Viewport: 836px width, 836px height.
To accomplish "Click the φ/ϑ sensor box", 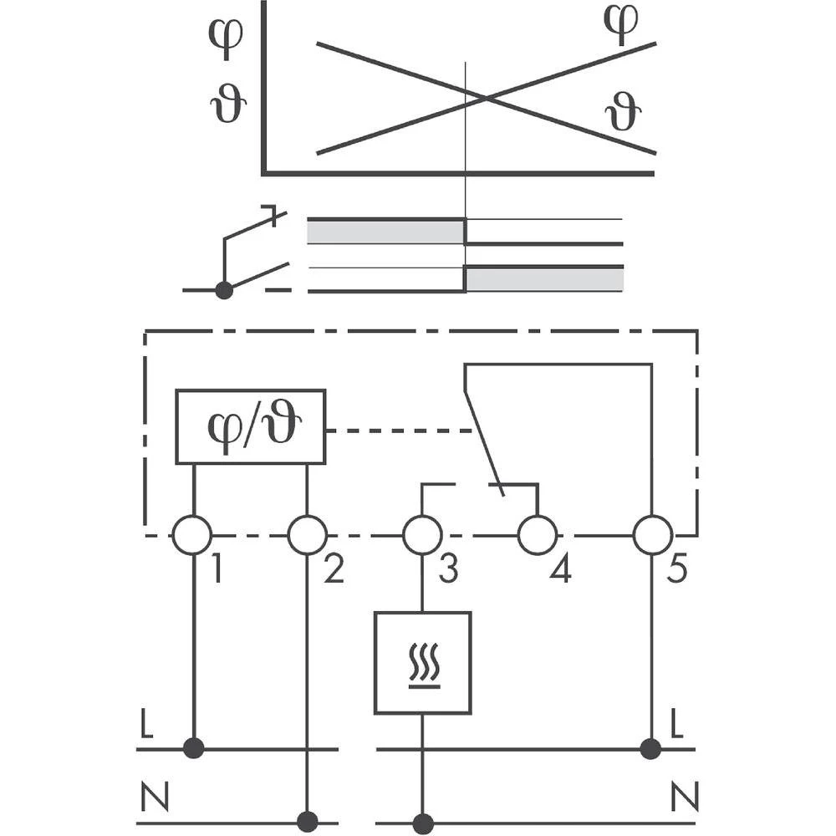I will [x=250, y=426].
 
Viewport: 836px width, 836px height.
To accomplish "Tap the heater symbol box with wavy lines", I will [x=422, y=662].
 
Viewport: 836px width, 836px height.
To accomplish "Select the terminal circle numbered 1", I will [x=192, y=535].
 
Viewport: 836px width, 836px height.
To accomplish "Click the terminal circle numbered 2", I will [x=307, y=535].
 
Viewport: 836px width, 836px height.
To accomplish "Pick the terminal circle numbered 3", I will [x=422, y=535].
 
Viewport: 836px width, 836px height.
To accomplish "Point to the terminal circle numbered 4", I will [x=537, y=535].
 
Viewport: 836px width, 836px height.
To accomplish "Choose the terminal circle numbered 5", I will [x=652, y=535].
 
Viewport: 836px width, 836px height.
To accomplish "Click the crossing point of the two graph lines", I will [x=486, y=99].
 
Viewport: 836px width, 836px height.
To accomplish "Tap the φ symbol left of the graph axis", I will [x=226, y=33].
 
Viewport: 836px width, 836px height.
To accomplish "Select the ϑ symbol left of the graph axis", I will [x=227, y=107].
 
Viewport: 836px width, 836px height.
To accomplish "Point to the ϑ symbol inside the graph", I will [x=623, y=113].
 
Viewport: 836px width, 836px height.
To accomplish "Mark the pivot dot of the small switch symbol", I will [x=224, y=290].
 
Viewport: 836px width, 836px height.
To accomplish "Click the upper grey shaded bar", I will [x=385, y=232].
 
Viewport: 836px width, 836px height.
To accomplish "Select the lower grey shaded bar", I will [x=543, y=279].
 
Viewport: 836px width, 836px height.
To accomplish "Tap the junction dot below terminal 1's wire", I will [x=193, y=748].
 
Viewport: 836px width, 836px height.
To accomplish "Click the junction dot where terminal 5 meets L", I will [x=652, y=748].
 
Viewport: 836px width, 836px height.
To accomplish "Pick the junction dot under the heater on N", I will [x=423, y=822].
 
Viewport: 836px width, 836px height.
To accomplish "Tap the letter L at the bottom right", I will [x=677, y=726].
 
